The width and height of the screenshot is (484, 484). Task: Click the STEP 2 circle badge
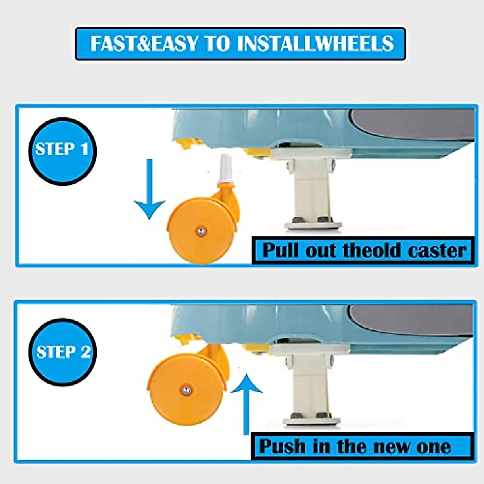coord(63,352)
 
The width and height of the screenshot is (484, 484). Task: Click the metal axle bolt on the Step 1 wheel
coord(200,231)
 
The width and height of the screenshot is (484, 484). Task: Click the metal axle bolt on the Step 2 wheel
coord(186,390)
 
